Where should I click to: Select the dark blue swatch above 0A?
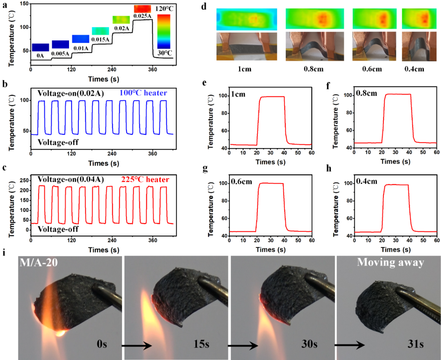click(40, 47)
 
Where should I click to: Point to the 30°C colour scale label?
click(164, 53)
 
